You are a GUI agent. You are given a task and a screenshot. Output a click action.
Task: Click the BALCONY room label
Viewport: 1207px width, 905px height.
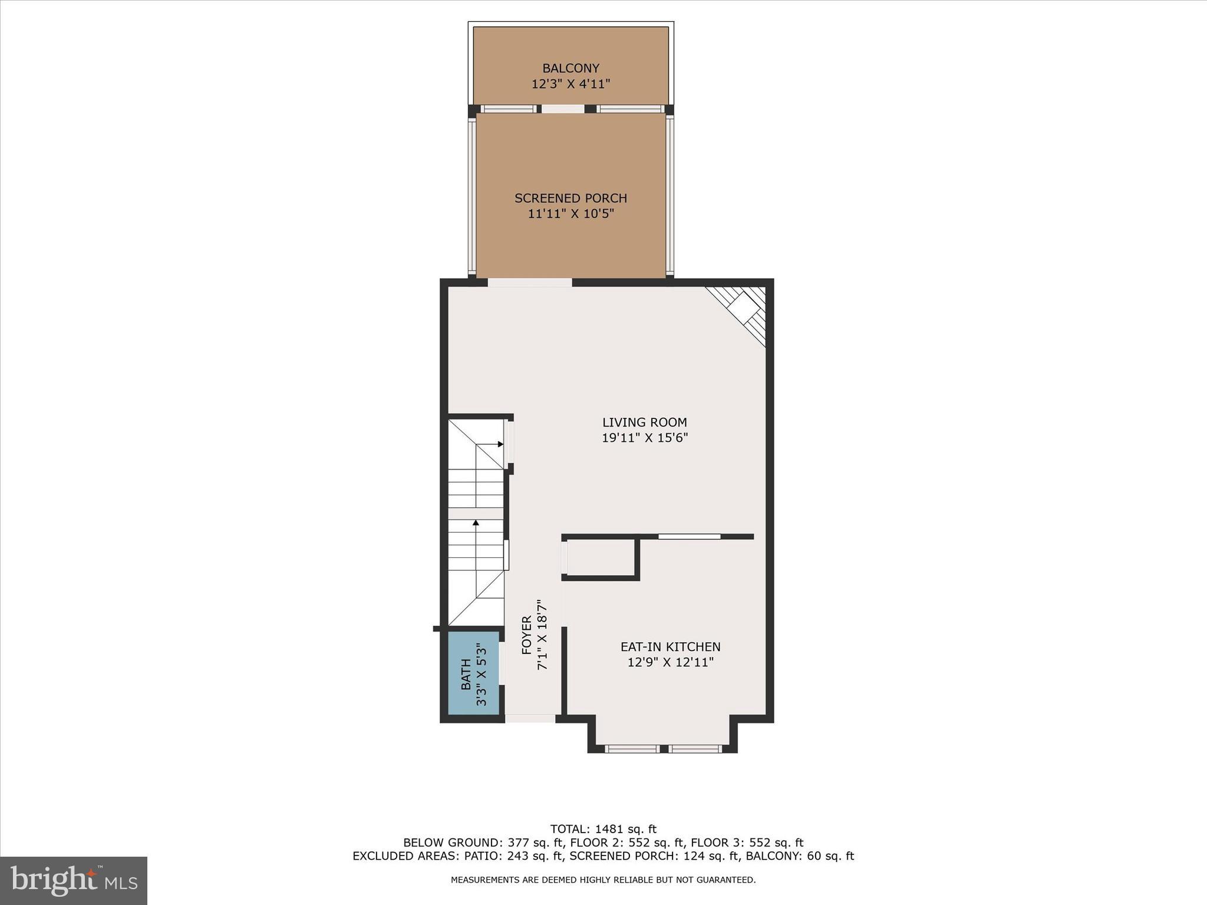[570, 68]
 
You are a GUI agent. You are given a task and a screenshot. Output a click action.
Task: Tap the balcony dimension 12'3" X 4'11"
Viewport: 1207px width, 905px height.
[570, 84]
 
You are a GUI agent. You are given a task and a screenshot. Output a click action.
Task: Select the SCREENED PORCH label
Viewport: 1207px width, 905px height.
[570, 198]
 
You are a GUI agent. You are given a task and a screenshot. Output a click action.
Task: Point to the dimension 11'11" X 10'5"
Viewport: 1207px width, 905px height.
[570, 214]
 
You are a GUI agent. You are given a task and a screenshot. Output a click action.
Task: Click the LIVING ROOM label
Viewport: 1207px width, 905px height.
[644, 422]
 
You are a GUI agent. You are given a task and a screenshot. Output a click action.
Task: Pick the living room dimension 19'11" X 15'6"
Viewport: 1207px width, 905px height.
[644, 438]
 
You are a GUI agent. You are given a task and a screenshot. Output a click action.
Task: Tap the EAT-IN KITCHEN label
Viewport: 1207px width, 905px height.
[670, 647]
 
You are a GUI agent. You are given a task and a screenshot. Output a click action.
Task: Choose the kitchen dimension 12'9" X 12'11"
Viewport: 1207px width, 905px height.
[670, 662]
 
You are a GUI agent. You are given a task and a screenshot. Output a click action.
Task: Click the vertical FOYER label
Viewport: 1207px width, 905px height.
[527, 635]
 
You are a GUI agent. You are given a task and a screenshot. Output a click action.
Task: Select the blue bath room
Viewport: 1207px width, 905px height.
[473, 673]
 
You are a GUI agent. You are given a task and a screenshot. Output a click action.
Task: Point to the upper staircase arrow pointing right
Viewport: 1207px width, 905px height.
[500, 444]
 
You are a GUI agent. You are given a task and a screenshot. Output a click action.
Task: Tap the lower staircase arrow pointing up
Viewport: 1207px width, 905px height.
[476, 523]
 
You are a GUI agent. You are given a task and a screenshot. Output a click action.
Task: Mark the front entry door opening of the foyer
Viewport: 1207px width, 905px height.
[530, 718]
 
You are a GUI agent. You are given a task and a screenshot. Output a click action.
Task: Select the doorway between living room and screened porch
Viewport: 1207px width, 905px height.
[529, 283]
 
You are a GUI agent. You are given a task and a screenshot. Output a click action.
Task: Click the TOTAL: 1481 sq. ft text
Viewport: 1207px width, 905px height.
[603, 830]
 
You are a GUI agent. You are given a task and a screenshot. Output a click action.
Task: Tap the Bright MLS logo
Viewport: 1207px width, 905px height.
[74, 880]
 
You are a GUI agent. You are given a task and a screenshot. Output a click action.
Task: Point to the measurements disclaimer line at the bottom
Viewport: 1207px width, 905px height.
[603, 880]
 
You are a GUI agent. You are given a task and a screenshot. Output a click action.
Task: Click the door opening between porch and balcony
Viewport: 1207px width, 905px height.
[563, 109]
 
